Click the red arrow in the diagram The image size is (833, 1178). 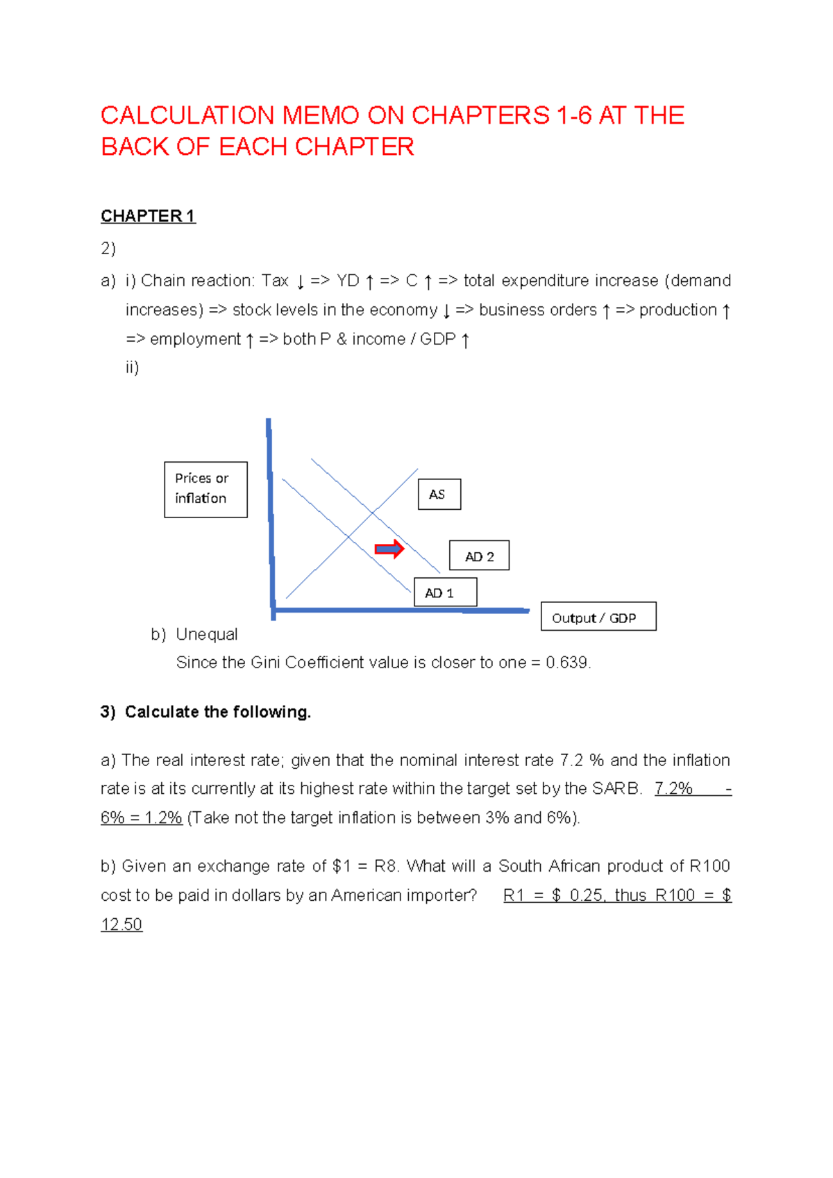tap(389, 549)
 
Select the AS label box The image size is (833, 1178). tap(439, 495)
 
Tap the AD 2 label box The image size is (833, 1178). tap(479, 556)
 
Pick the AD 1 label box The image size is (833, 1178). tap(445, 592)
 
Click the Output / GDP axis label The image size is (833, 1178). tap(598, 617)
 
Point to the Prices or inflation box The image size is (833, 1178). tap(205, 489)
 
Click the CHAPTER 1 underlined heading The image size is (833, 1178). tap(148, 216)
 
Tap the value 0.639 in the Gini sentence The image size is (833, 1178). tap(567, 663)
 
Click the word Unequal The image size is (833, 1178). tap(206, 634)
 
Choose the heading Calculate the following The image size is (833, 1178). tap(217, 712)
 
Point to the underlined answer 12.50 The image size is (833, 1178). tap(121, 924)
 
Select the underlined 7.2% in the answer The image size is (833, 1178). tap(673, 788)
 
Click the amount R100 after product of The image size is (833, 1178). tap(709, 866)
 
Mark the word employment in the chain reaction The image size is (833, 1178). tap(195, 339)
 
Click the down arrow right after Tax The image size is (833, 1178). tap(300, 282)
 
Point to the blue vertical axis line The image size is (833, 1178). tap(271, 517)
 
